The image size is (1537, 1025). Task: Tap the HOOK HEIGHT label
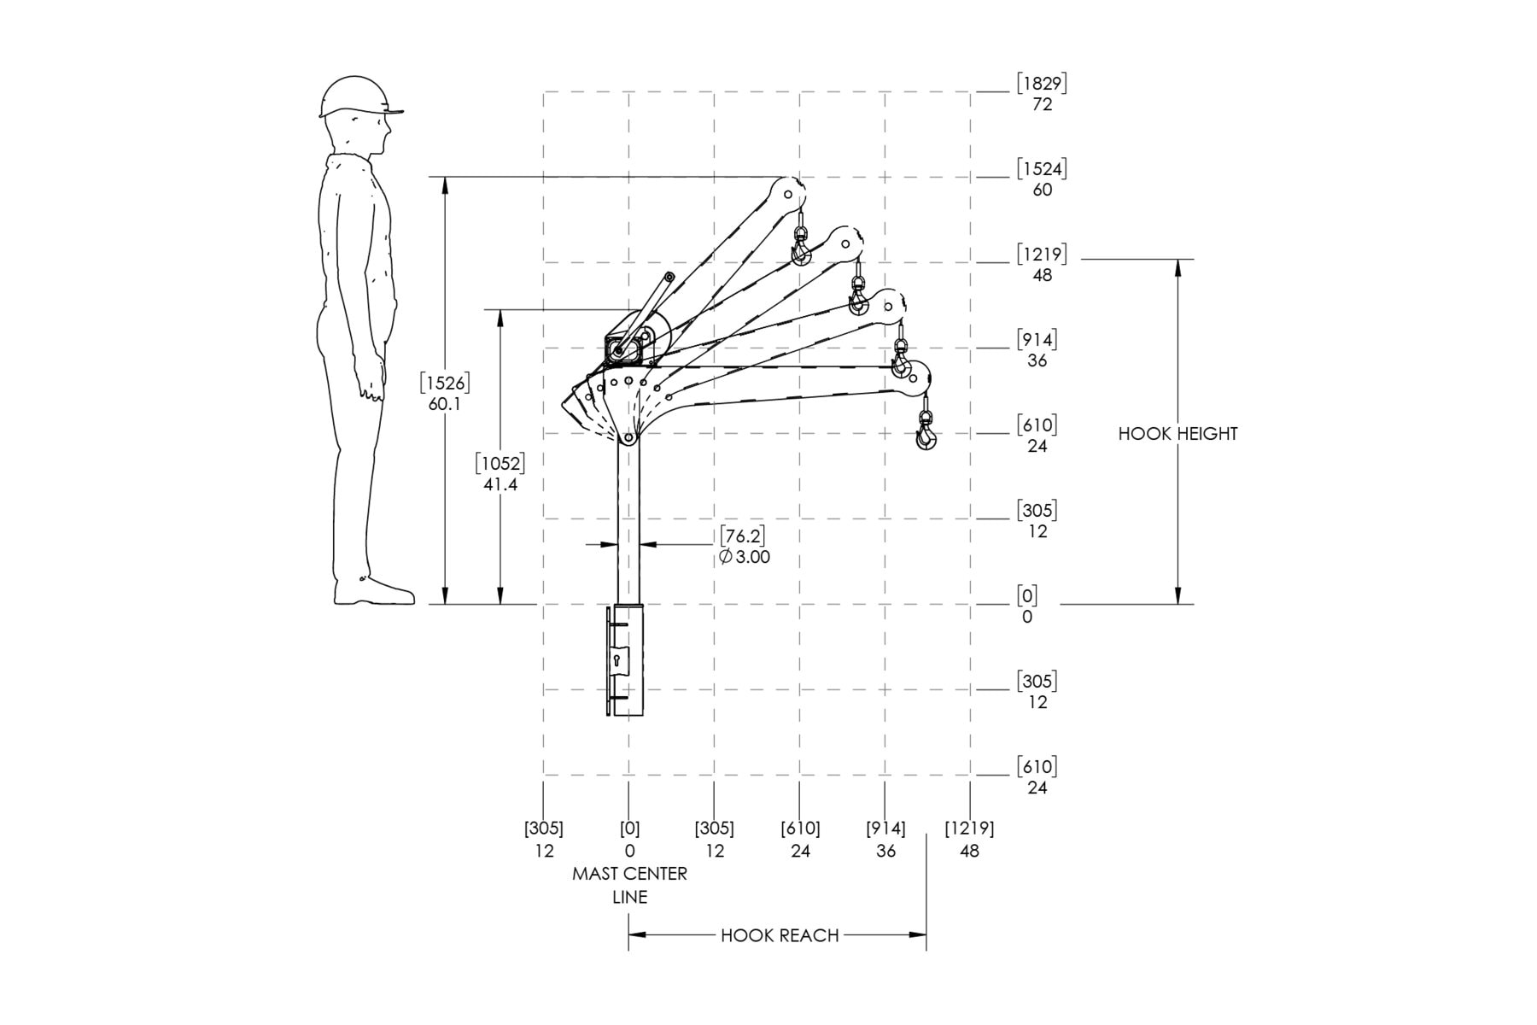click(x=1178, y=434)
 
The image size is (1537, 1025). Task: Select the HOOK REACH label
click(x=780, y=935)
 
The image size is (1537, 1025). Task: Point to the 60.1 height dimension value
click(x=445, y=403)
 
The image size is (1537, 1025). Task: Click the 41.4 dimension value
click(x=500, y=485)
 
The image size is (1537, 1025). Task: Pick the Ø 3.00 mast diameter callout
click(x=744, y=557)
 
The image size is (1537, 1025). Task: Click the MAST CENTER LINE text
click(x=629, y=885)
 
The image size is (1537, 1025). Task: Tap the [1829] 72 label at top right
click(x=1042, y=94)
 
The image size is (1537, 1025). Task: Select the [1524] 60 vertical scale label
click(x=1042, y=179)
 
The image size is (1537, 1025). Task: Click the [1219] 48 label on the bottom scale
click(x=969, y=840)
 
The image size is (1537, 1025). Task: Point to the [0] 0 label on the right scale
click(x=1026, y=606)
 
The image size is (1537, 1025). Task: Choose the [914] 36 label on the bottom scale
click(x=885, y=840)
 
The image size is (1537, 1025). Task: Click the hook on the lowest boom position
click(x=926, y=430)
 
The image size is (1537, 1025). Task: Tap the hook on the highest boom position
click(x=801, y=245)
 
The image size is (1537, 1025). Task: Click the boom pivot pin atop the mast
click(x=628, y=438)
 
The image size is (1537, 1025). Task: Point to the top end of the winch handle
click(x=669, y=277)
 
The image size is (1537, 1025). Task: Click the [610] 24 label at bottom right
click(x=1036, y=777)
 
